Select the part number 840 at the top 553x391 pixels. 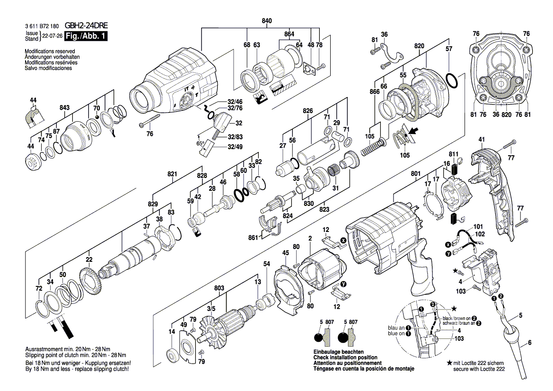click(x=267, y=21)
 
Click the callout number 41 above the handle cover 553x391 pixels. click(x=482, y=140)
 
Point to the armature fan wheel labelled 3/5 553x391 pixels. click(x=211, y=326)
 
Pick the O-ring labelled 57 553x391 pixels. click(x=452, y=81)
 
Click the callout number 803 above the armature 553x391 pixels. click(x=219, y=288)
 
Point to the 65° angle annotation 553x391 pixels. click(x=200, y=143)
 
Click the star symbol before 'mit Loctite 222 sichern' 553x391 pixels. click(x=449, y=363)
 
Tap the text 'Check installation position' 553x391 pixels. click(x=345, y=357)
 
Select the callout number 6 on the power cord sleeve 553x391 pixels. click(x=529, y=343)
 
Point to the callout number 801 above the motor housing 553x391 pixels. click(x=415, y=175)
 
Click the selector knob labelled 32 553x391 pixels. click(x=221, y=124)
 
